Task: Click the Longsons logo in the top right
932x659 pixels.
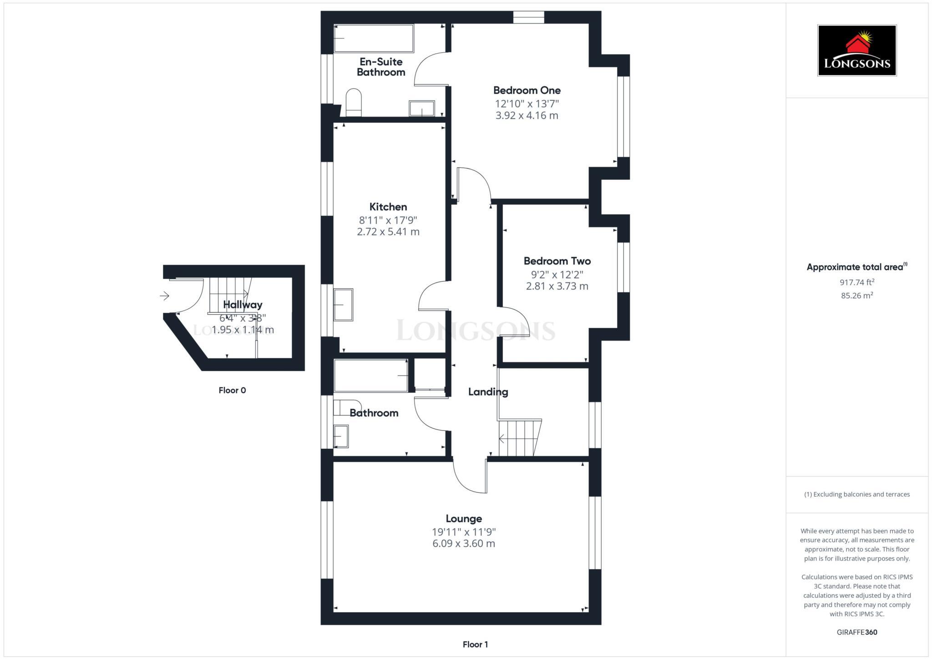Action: (857, 50)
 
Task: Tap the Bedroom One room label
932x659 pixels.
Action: (527, 90)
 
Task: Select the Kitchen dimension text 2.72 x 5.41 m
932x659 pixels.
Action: (388, 232)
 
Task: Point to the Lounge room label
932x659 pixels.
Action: (464, 518)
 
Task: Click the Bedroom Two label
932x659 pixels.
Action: (557, 261)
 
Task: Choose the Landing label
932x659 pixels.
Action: (488, 391)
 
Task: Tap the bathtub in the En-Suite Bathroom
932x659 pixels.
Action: (374, 38)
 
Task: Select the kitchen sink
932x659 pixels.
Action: (343, 304)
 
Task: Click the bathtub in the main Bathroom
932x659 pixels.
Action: (371, 375)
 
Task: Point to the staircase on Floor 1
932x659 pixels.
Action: (519, 438)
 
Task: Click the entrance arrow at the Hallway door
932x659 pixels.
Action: (165, 296)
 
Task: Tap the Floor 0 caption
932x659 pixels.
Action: (232, 390)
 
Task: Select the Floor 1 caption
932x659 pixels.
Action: (475, 644)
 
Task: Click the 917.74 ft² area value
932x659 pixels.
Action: (857, 282)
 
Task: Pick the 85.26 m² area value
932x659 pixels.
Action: (857, 295)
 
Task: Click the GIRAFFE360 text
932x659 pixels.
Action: (857, 632)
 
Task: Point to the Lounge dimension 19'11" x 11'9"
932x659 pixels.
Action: (464, 532)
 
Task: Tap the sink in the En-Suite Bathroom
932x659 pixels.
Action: (422, 108)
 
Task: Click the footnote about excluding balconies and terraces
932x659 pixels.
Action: (857, 494)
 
